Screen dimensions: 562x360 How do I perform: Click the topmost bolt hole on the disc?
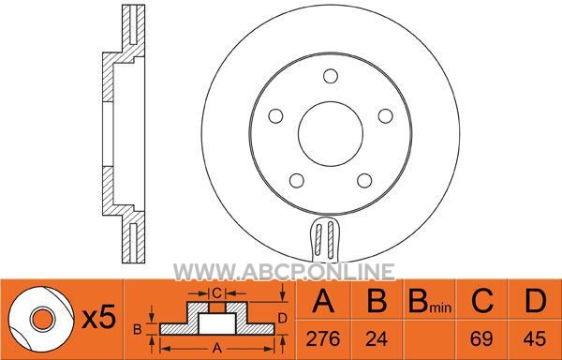pos(331,76)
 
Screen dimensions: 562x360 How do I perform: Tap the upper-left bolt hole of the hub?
pos(275,116)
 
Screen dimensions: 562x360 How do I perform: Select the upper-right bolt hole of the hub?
pos(386,116)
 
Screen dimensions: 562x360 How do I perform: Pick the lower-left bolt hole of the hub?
pos(297,180)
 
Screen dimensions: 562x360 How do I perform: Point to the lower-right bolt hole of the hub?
pos(364,180)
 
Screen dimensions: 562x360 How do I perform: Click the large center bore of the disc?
pos(331,134)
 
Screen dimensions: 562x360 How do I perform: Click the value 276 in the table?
pos(323,338)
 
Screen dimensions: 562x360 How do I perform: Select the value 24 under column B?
pos(377,338)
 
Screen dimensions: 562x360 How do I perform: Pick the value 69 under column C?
pos(481,338)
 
